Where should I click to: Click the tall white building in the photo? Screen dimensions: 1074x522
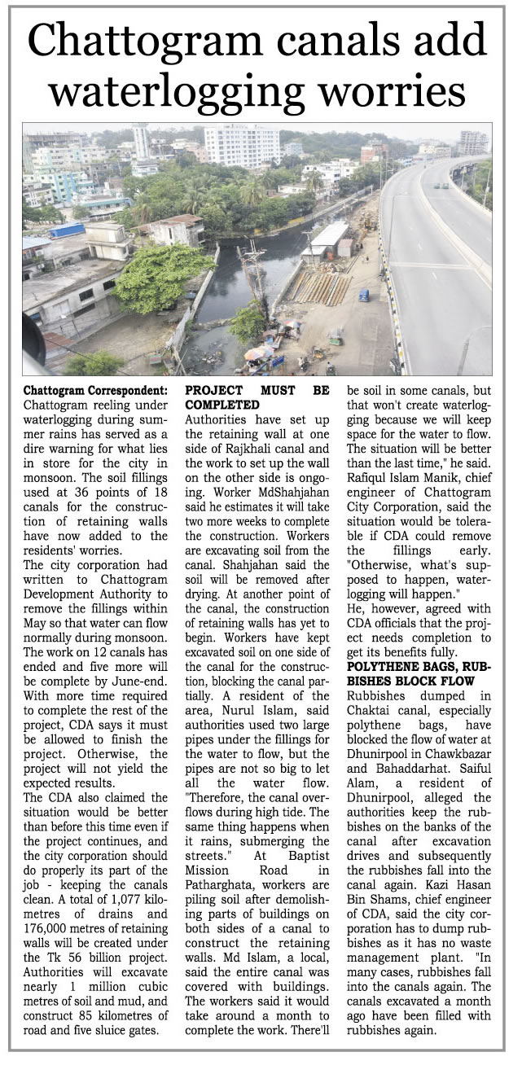pyautogui.click(x=242, y=146)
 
